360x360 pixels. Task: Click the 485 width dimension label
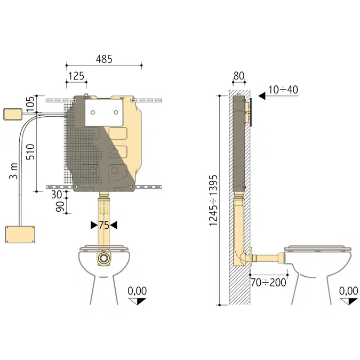click(104, 59)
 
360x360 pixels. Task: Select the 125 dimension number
click(76, 76)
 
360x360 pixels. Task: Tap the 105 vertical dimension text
click(30, 103)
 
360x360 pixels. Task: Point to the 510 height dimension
click(30, 152)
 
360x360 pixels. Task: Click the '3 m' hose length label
click(13, 171)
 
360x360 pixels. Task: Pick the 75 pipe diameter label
click(104, 225)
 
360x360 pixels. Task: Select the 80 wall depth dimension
click(239, 76)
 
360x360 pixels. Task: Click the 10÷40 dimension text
click(283, 90)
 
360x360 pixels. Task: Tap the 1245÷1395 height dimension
click(213, 201)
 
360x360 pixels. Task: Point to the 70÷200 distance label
click(268, 283)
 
